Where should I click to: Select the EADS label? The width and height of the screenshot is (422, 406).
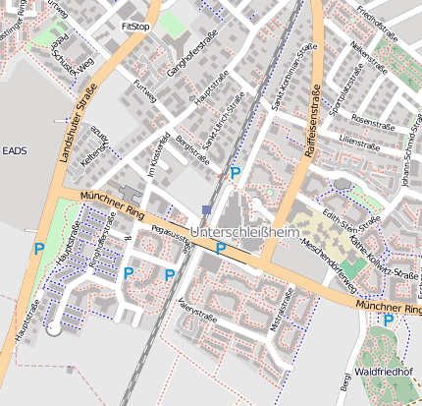[x=15, y=150]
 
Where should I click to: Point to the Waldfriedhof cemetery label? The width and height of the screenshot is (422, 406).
[x=383, y=372]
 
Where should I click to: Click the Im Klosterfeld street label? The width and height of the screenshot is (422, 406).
[x=152, y=156]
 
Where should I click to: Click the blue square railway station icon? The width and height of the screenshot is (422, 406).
[x=205, y=209]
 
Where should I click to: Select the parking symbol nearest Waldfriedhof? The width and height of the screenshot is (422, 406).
[x=389, y=320]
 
